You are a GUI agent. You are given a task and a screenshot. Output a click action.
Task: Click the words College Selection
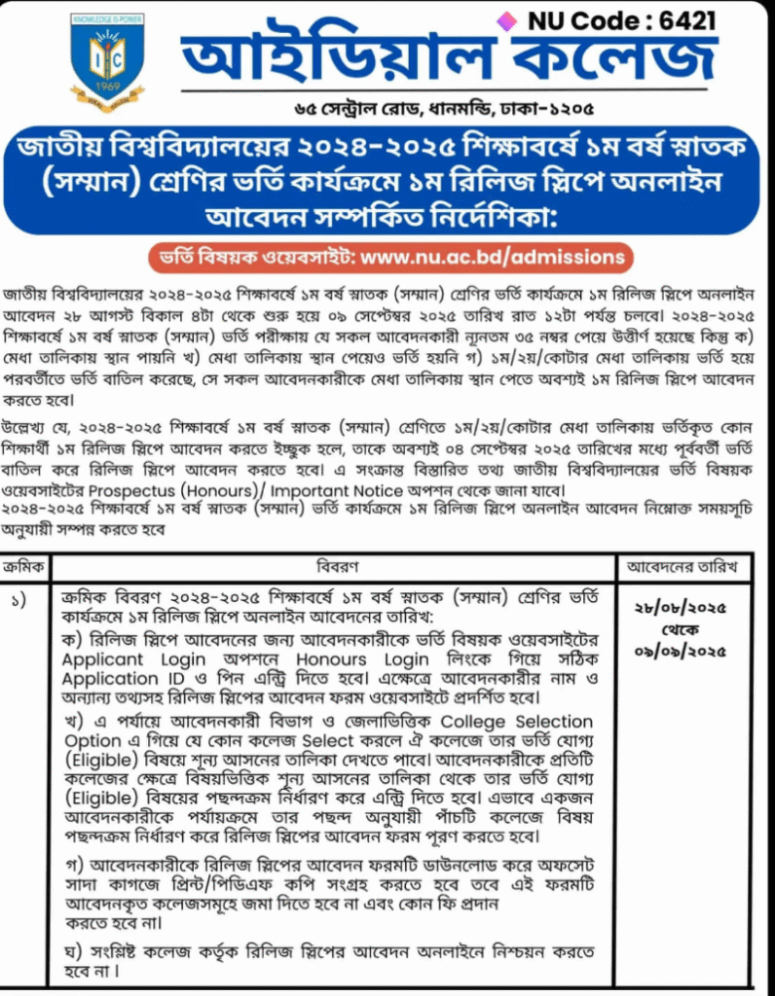click(x=517, y=723)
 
